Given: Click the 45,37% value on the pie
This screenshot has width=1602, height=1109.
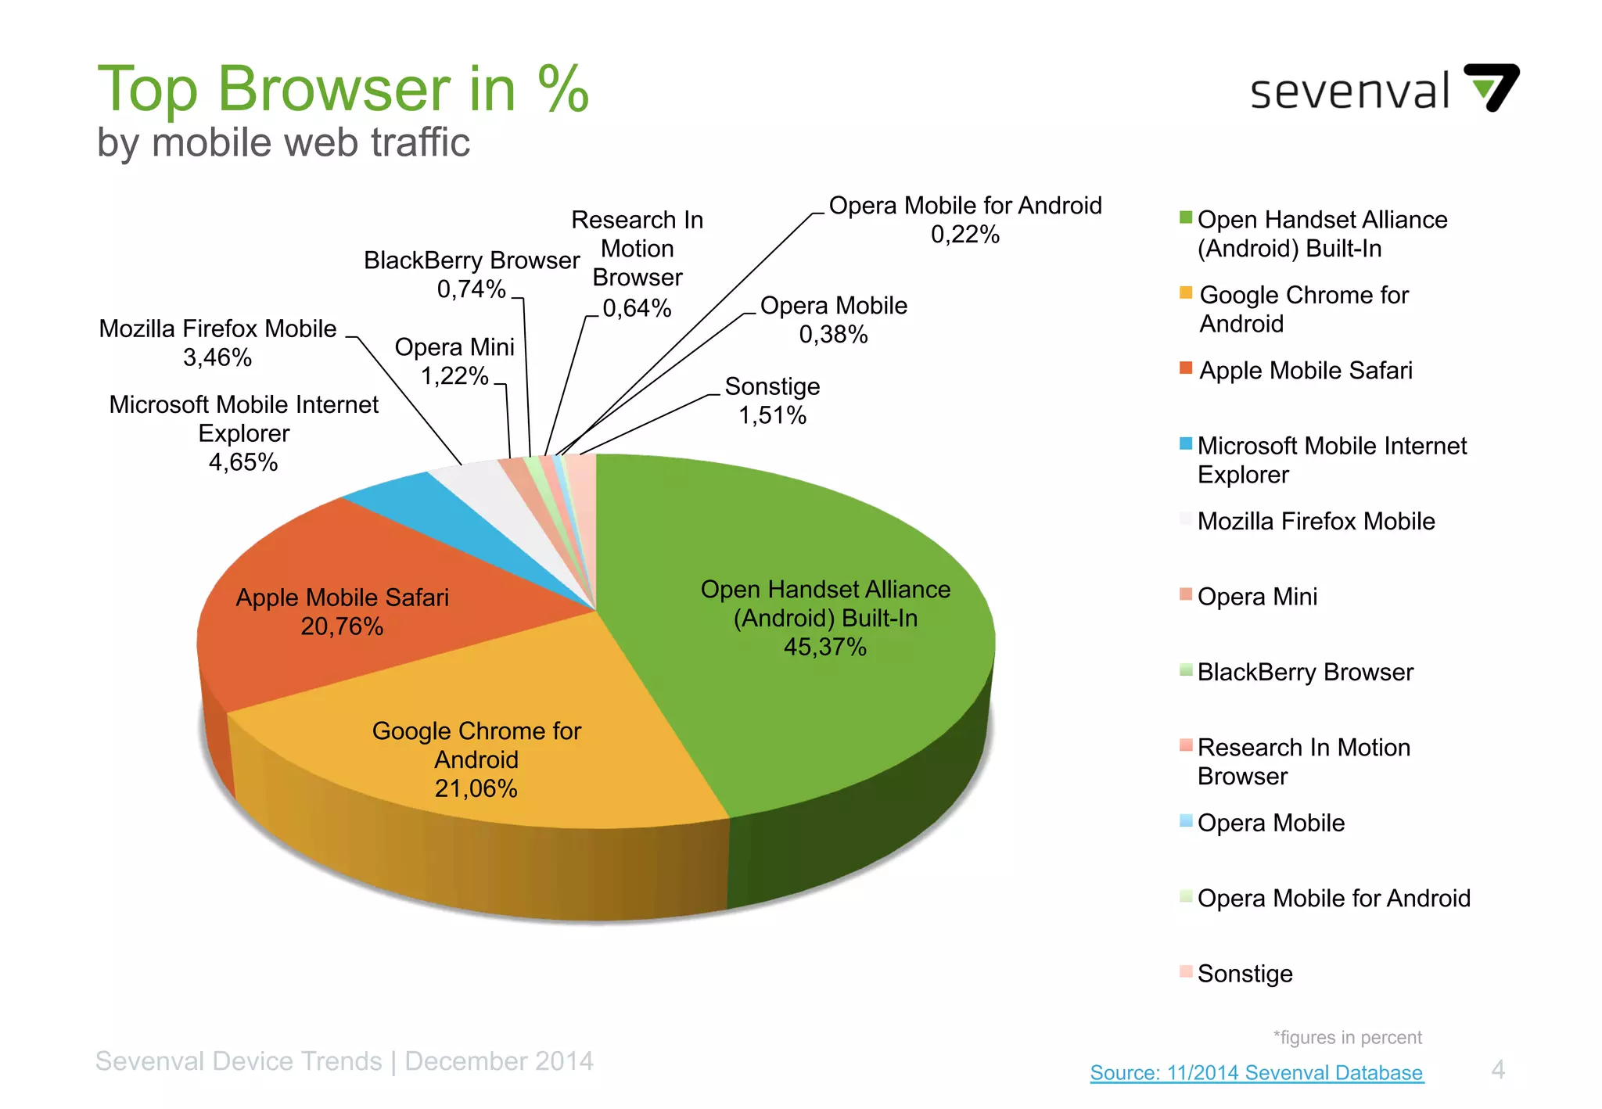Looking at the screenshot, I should click(824, 647).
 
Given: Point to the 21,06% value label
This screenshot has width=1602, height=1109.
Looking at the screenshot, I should click(476, 788).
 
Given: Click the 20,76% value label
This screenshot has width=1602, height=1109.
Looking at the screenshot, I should click(342, 626).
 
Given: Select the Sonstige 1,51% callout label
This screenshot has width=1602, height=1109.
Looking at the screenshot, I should click(772, 400).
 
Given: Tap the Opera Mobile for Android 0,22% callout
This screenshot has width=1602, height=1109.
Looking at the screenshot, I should click(964, 220).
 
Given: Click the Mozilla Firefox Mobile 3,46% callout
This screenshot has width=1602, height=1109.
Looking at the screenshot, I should click(217, 343).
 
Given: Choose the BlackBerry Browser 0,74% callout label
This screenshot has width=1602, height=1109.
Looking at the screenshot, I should click(471, 275).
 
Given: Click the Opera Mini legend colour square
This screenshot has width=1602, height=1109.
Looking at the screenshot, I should click(1186, 594).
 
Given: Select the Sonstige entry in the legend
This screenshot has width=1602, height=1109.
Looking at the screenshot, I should click(1244, 974).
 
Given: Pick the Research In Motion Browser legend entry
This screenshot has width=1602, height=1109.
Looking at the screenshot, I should click(1303, 761).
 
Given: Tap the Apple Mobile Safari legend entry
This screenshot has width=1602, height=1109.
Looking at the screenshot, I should click(1306, 370).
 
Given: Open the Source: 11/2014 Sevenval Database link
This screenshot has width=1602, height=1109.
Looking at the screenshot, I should click(1256, 1072).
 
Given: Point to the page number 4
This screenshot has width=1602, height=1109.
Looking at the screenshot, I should click(1497, 1069).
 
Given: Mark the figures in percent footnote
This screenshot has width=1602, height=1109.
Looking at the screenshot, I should click(1347, 1038).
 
